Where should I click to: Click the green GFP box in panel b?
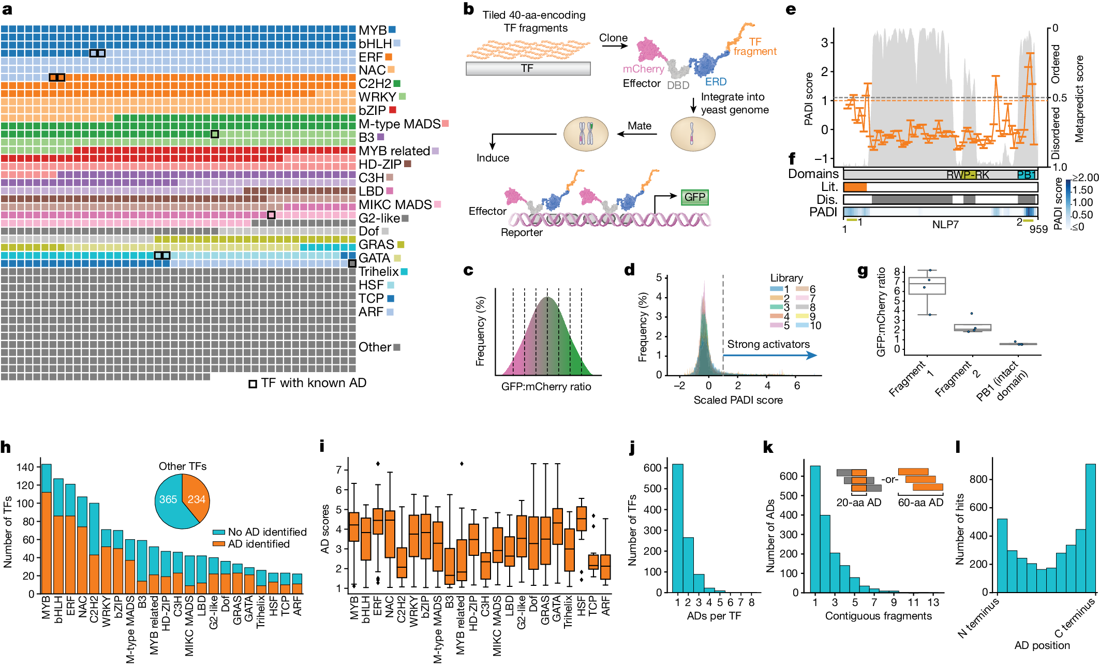(x=694, y=197)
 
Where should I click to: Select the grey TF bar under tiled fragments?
(x=528, y=68)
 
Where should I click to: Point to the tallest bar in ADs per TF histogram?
(x=677, y=528)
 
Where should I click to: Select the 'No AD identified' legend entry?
(x=267, y=532)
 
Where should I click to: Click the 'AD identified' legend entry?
(x=259, y=544)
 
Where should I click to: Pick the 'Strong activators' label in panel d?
(x=768, y=344)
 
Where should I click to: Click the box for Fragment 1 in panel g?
(x=927, y=286)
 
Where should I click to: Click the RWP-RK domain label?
(x=968, y=175)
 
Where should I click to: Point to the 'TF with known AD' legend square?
(x=253, y=384)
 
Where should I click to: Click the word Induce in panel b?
(x=493, y=158)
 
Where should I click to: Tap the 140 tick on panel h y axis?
(x=25, y=467)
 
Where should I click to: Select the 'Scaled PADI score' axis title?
(x=738, y=400)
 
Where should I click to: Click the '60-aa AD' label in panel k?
(x=920, y=503)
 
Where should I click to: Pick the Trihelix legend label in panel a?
(x=378, y=272)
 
